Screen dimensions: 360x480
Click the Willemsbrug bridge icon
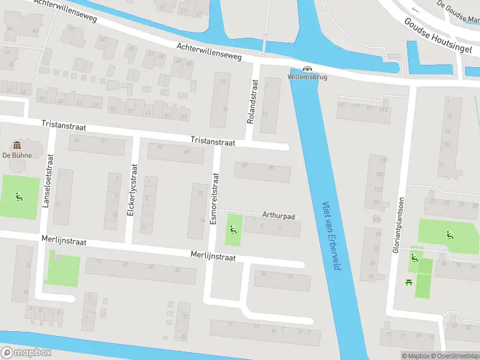click(x=308, y=69)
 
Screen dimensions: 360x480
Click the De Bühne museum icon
click(x=17, y=145)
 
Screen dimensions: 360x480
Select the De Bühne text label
click(x=17, y=155)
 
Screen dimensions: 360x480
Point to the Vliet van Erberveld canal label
click(x=331, y=235)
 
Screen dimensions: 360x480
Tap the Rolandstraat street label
click(x=251, y=106)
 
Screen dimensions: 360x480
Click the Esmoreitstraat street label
click(x=214, y=199)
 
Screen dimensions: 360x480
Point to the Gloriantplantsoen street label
click(x=396, y=224)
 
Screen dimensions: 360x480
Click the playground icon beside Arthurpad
click(x=233, y=229)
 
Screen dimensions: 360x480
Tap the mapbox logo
click(x=26, y=352)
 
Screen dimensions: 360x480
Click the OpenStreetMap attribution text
click(x=454, y=356)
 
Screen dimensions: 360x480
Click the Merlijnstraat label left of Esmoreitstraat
click(x=64, y=241)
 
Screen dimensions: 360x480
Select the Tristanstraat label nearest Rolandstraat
click(x=213, y=140)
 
